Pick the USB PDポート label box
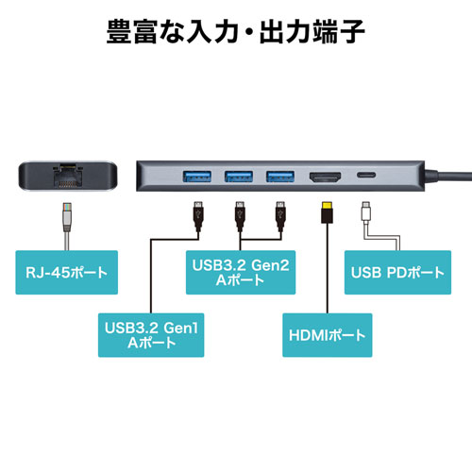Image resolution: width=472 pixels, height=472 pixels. tap(396, 274)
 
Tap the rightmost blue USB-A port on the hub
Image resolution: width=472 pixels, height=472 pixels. tap(279, 176)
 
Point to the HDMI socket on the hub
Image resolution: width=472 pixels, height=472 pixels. tap(326, 177)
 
